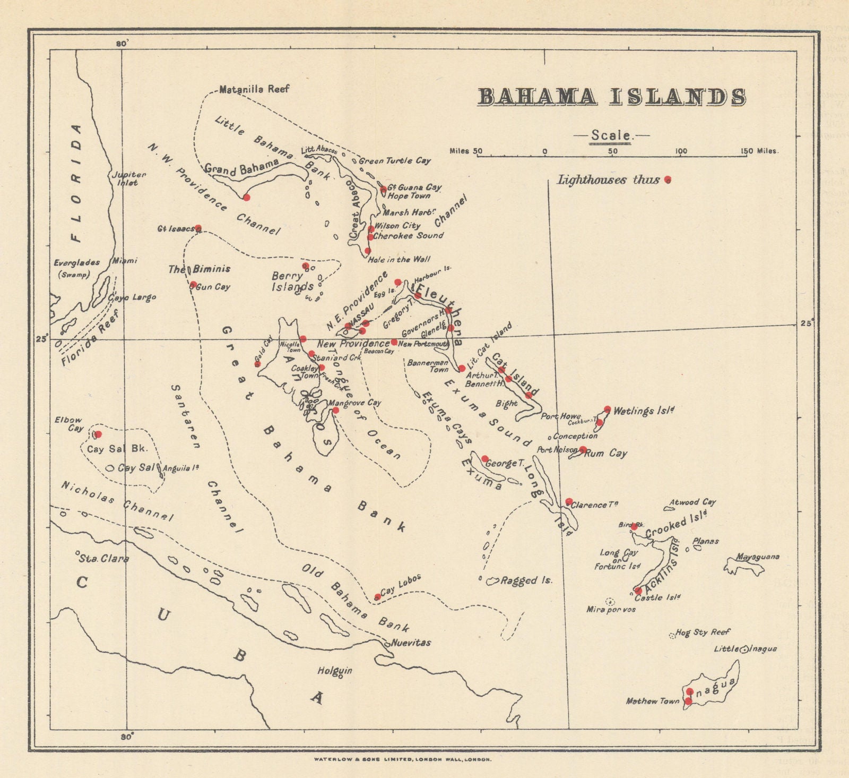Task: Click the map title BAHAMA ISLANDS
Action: coord(612,97)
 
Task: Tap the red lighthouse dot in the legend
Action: coord(668,179)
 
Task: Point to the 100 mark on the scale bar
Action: coord(680,151)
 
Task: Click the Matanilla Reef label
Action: coord(254,89)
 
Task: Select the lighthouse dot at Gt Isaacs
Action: coord(198,228)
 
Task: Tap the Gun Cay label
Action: coord(213,287)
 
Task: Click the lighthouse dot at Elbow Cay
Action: coord(98,434)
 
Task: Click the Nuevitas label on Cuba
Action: coord(411,643)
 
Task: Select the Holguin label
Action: coord(334,671)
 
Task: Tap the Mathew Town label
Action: coord(652,702)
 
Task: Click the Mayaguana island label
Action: coord(757,557)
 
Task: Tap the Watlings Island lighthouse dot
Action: coord(608,409)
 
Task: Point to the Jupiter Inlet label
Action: coord(127,178)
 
